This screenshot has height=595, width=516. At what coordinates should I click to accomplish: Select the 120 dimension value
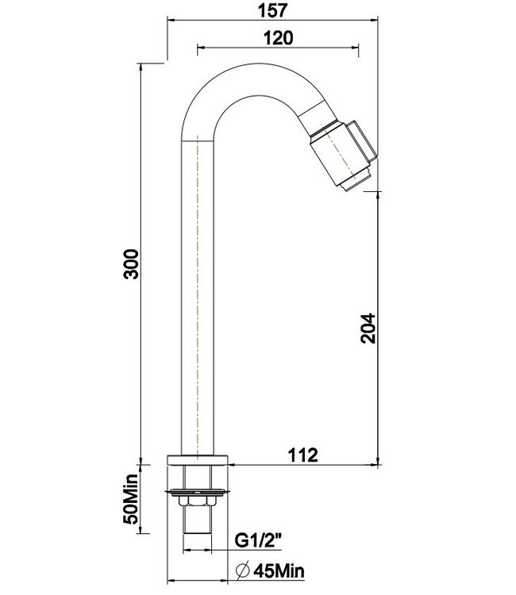276,37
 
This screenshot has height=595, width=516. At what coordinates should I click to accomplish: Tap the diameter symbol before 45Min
245,570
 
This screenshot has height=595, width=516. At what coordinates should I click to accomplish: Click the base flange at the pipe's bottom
198,460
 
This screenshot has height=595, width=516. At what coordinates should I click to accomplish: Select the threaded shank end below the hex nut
198,524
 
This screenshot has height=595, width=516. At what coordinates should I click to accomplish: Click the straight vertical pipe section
198,301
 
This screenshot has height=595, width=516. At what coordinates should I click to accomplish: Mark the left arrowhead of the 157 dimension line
169,23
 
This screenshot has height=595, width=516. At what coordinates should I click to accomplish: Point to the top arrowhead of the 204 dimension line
377,192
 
